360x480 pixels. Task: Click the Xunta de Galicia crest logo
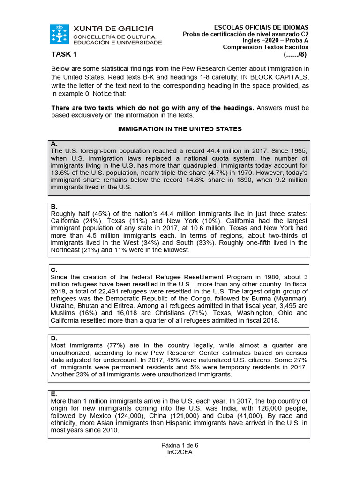(59, 35)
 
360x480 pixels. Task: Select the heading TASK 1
(64, 55)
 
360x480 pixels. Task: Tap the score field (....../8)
(295, 55)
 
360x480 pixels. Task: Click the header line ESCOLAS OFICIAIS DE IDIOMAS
(261, 28)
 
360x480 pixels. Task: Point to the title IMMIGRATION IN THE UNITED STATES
(180, 129)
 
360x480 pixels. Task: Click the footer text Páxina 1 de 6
(180, 445)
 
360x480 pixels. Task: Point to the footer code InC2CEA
(180, 452)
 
